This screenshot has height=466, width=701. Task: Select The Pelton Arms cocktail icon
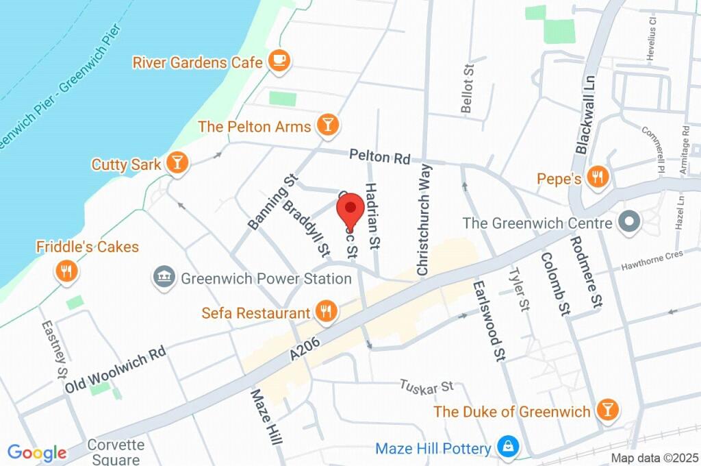tap(329, 125)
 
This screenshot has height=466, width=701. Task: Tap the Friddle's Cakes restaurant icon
tap(66, 271)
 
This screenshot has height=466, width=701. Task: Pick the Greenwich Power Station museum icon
tap(164, 278)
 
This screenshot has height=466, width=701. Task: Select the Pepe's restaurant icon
tap(598, 178)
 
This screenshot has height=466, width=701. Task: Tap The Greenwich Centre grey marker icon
tap(628, 222)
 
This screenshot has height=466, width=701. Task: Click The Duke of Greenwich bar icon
tap(606, 410)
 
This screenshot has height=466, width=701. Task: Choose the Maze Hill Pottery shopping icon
tap(509, 447)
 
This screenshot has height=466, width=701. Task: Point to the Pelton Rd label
tap(379, 157)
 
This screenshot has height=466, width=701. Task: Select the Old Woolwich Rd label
tap(116, 370)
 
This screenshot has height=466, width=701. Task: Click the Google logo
tap(37, 452)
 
